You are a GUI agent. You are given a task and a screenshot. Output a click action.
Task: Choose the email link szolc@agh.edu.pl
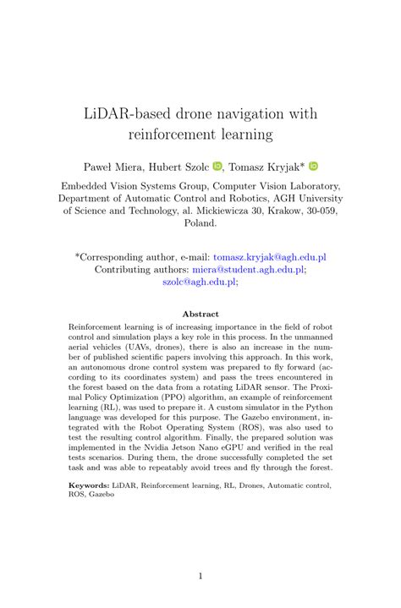pyautogui.click(x=200, y=283)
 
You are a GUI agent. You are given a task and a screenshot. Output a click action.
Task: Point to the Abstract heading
pyautogui.click(x=200, y=314)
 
